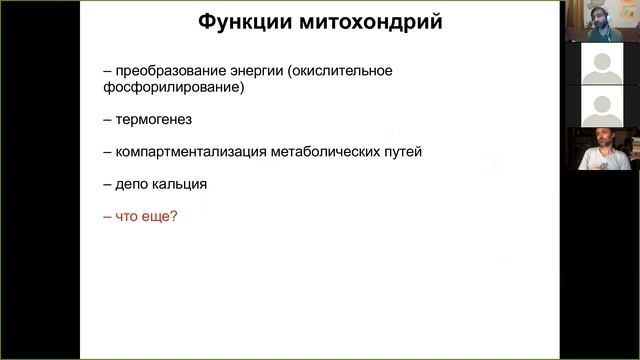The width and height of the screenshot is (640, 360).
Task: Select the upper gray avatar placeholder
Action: click(x=599, y=65)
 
